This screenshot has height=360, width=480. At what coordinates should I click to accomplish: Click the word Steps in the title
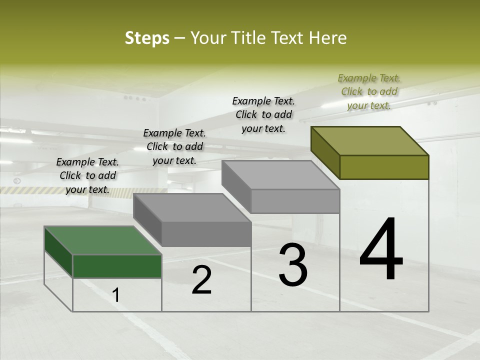point(147,38)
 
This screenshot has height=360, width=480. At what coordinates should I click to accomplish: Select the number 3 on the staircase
point(293,264)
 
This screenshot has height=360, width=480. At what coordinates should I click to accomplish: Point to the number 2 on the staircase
point(201,279)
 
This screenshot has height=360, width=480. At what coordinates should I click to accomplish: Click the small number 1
point(116,295)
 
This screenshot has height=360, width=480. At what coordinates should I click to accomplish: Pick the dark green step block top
point(102,240)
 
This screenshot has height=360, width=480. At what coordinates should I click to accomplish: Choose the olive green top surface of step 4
point(370,141)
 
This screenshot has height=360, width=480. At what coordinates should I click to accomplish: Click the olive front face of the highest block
point(384,167)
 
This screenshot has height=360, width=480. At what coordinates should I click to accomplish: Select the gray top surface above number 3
point(280,175)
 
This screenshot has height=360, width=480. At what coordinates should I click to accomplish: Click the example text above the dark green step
point(87,175)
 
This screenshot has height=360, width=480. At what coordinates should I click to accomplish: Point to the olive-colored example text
point(369,91)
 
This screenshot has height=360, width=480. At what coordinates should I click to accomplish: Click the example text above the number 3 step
point(263,114)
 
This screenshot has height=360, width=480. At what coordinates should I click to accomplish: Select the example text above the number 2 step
point(174,146)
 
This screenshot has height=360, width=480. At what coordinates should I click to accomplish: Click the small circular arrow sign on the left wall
point(17,180)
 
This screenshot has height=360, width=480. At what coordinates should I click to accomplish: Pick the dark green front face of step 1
point(117,266)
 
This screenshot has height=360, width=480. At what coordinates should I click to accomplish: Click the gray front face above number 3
point(295,201)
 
